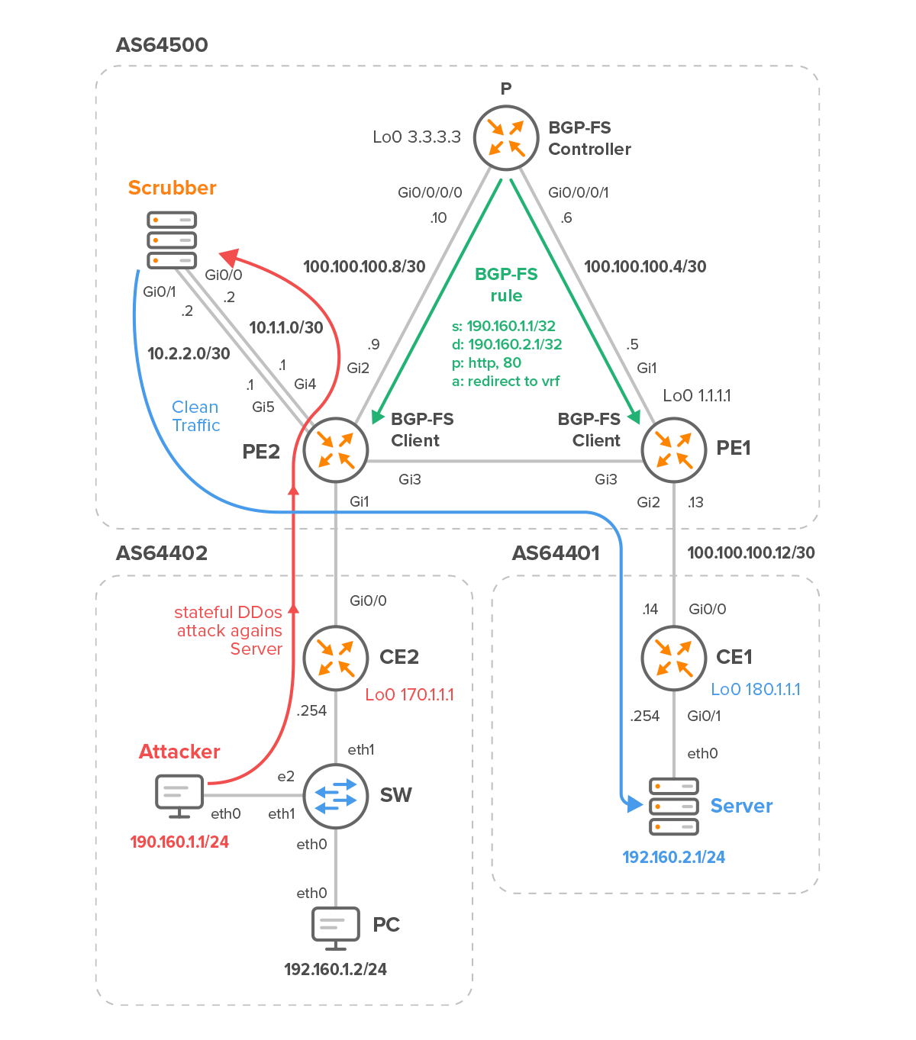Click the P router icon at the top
[x=505, y=138]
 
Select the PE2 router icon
[x=336, y=450]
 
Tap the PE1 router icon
[x=674, y=450]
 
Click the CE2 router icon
[x=336, y=658]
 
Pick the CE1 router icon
[x=674, y=658]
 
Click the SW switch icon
[x=336, y=796]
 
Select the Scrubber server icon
[x=172, y=240]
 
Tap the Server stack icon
[x=674, y=807]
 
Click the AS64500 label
[x=162, y=45]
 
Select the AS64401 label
[x=556, y=553]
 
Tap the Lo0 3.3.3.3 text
[x=417, y=137]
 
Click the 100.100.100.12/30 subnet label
[x=751, y=552]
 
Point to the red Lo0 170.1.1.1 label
[x=409, y=694]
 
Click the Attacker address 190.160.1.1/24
[x=179, y=842]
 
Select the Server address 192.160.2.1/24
[x=674, y=858]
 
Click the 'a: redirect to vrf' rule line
[x=506, y=381]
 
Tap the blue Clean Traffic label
[x=195, y=416]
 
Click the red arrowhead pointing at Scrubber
[x=229, y=256]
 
